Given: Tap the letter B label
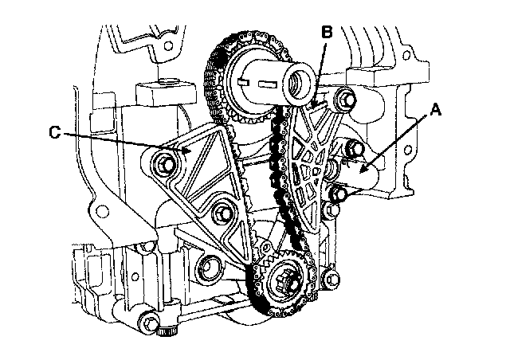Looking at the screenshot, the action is tap(327, 33).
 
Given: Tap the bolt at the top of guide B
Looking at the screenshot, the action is tap(344, 100).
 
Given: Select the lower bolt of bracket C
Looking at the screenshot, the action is tap(222, 213).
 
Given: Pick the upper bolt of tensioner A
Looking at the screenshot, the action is tap(355, 149).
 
